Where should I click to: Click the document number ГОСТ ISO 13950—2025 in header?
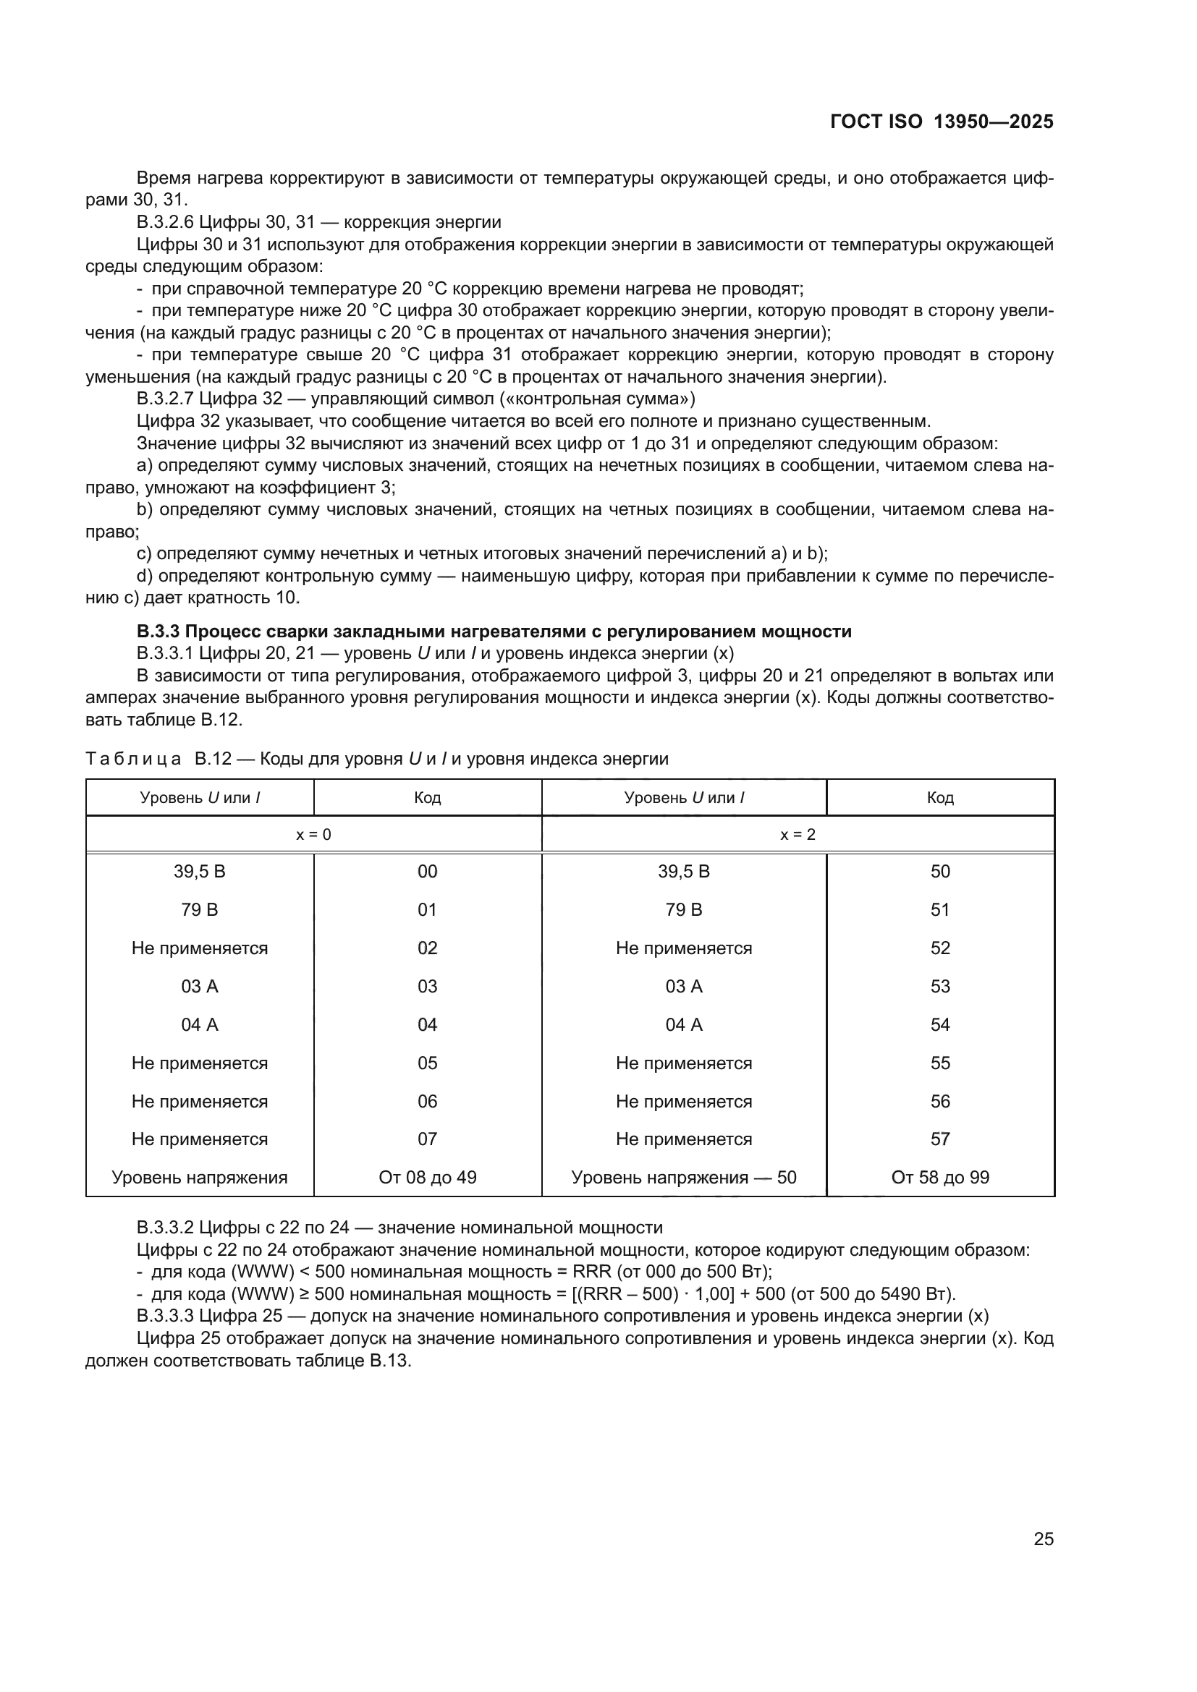942,122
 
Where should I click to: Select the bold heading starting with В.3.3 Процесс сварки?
494,632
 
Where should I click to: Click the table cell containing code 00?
428,872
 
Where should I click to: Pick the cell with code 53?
940,987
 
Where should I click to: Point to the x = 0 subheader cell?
313,835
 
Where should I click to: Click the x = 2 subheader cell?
798,835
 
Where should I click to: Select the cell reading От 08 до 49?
428,1178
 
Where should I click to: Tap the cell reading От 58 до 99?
940,1178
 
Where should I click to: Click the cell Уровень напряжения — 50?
684,1178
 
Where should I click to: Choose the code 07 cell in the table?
428,1139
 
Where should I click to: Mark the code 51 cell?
940,910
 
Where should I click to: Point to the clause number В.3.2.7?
166,399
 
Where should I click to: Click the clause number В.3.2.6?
166,223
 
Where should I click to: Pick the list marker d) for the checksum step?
145,577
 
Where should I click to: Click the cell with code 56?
940,1102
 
